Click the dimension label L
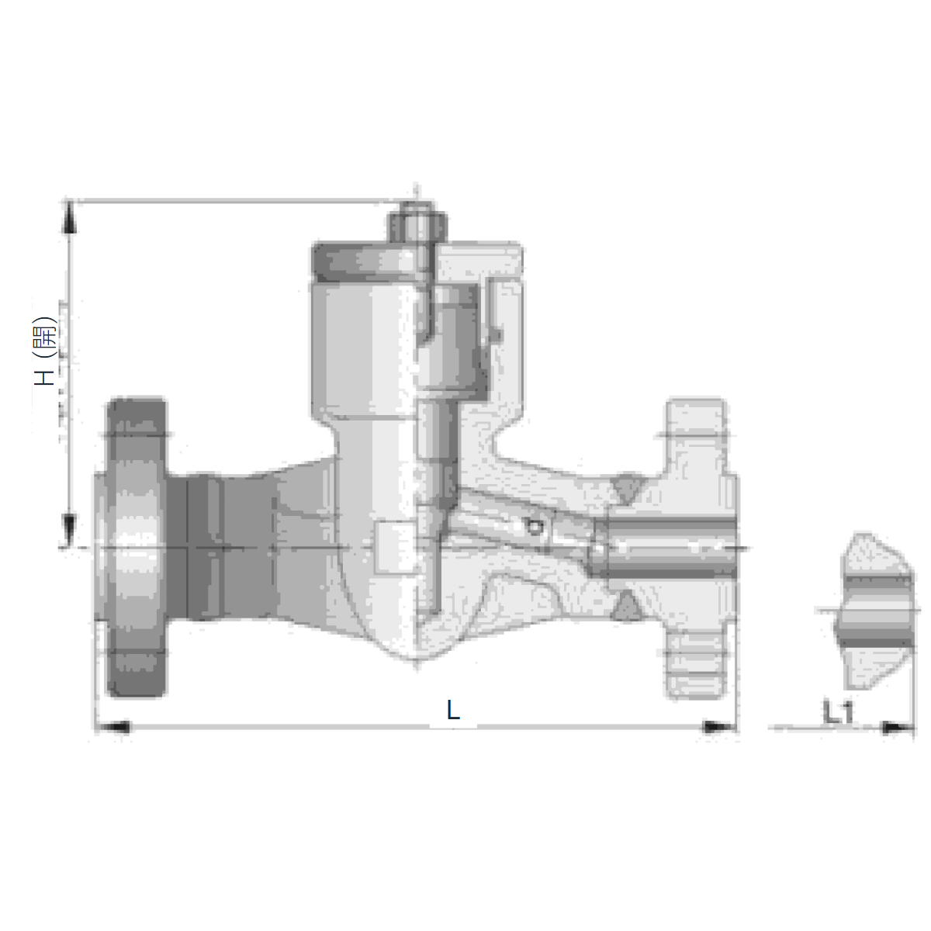click(452, 711)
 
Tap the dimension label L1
click(838, 714)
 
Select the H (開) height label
click(46, 351)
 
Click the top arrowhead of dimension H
click(70, 218)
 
